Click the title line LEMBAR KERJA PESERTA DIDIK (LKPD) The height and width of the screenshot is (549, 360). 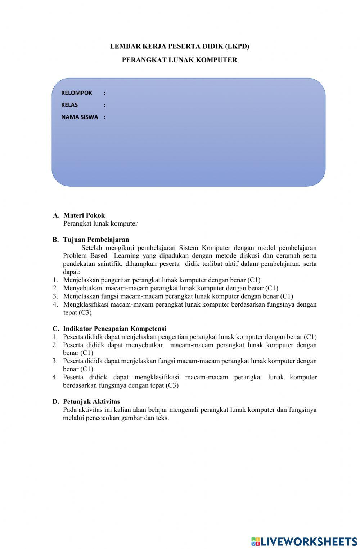point(179,46)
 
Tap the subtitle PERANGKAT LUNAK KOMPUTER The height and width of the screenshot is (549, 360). point(179,60)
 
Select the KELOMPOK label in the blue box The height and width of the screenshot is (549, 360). point(77,93)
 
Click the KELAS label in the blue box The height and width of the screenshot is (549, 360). point(69,105)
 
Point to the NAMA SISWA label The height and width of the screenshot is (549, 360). point(80,117)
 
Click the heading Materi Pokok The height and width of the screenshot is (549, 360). point(84,215)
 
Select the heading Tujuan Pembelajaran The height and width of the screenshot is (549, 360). point(96,240)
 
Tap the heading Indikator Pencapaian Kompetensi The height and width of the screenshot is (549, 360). point(114,329)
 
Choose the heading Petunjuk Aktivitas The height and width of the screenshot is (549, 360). point(91,401)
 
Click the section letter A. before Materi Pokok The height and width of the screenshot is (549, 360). point(56,215)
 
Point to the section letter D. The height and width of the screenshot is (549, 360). point(56,401)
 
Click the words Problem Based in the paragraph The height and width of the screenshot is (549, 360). point(85,256)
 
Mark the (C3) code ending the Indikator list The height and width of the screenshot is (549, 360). point(172,385)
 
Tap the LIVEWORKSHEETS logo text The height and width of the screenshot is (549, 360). point(309,541)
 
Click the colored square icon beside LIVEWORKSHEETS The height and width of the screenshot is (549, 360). point(255,541)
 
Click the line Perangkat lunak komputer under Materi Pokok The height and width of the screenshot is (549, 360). point(100,223)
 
